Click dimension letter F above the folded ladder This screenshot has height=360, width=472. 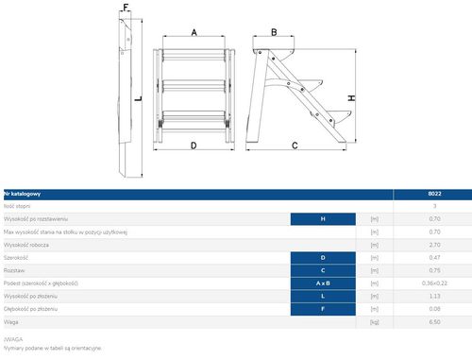126,7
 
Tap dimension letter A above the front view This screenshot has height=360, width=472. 194,31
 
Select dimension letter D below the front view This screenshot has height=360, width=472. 194,146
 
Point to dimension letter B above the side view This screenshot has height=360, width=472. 274,32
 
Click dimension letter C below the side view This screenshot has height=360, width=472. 295,146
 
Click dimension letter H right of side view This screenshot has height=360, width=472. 350,97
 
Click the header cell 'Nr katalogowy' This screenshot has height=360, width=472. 23,194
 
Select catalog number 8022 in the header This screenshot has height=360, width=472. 434,194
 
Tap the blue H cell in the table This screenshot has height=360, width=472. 323,218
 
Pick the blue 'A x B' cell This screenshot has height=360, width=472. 323,283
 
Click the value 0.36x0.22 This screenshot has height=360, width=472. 434,283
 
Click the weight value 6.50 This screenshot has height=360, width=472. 434,321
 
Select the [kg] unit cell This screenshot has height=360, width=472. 375,321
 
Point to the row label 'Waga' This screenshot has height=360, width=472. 13,321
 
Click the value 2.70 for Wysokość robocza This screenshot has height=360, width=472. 434,244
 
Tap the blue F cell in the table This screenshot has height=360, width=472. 323,308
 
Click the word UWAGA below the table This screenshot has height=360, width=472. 13,338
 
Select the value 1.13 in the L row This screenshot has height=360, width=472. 434,295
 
